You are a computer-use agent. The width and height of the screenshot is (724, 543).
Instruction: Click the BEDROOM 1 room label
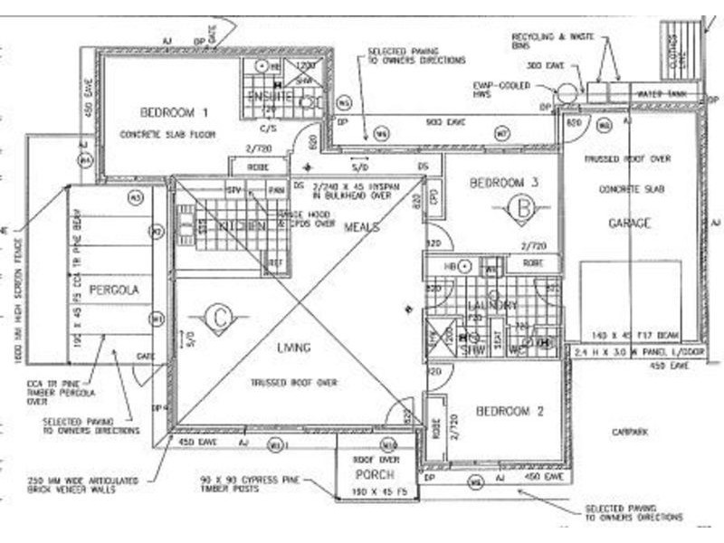pos(174,112)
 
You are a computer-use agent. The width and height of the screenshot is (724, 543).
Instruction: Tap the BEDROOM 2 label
pos(509,411)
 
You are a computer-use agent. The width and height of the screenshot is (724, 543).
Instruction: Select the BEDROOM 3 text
pos(504,183)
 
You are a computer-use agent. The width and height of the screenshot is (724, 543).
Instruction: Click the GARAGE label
pos(630,223)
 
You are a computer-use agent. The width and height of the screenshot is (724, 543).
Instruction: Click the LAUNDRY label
pos(493,306)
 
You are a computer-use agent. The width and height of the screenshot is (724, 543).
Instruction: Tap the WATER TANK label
pos(662,93)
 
